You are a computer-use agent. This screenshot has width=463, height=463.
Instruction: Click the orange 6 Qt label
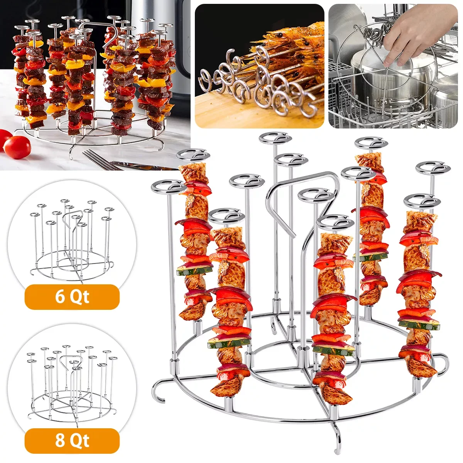coord(72,297)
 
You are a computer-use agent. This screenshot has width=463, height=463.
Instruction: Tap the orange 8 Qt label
coord(72,441)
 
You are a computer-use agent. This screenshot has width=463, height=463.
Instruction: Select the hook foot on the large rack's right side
coord(444,365)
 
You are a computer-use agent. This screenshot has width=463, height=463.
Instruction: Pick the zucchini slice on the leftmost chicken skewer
coord(195,270)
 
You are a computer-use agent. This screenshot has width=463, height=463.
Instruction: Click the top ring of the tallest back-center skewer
coord(275,138)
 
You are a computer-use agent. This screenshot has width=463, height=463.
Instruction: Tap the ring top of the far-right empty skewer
coord(433,169)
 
